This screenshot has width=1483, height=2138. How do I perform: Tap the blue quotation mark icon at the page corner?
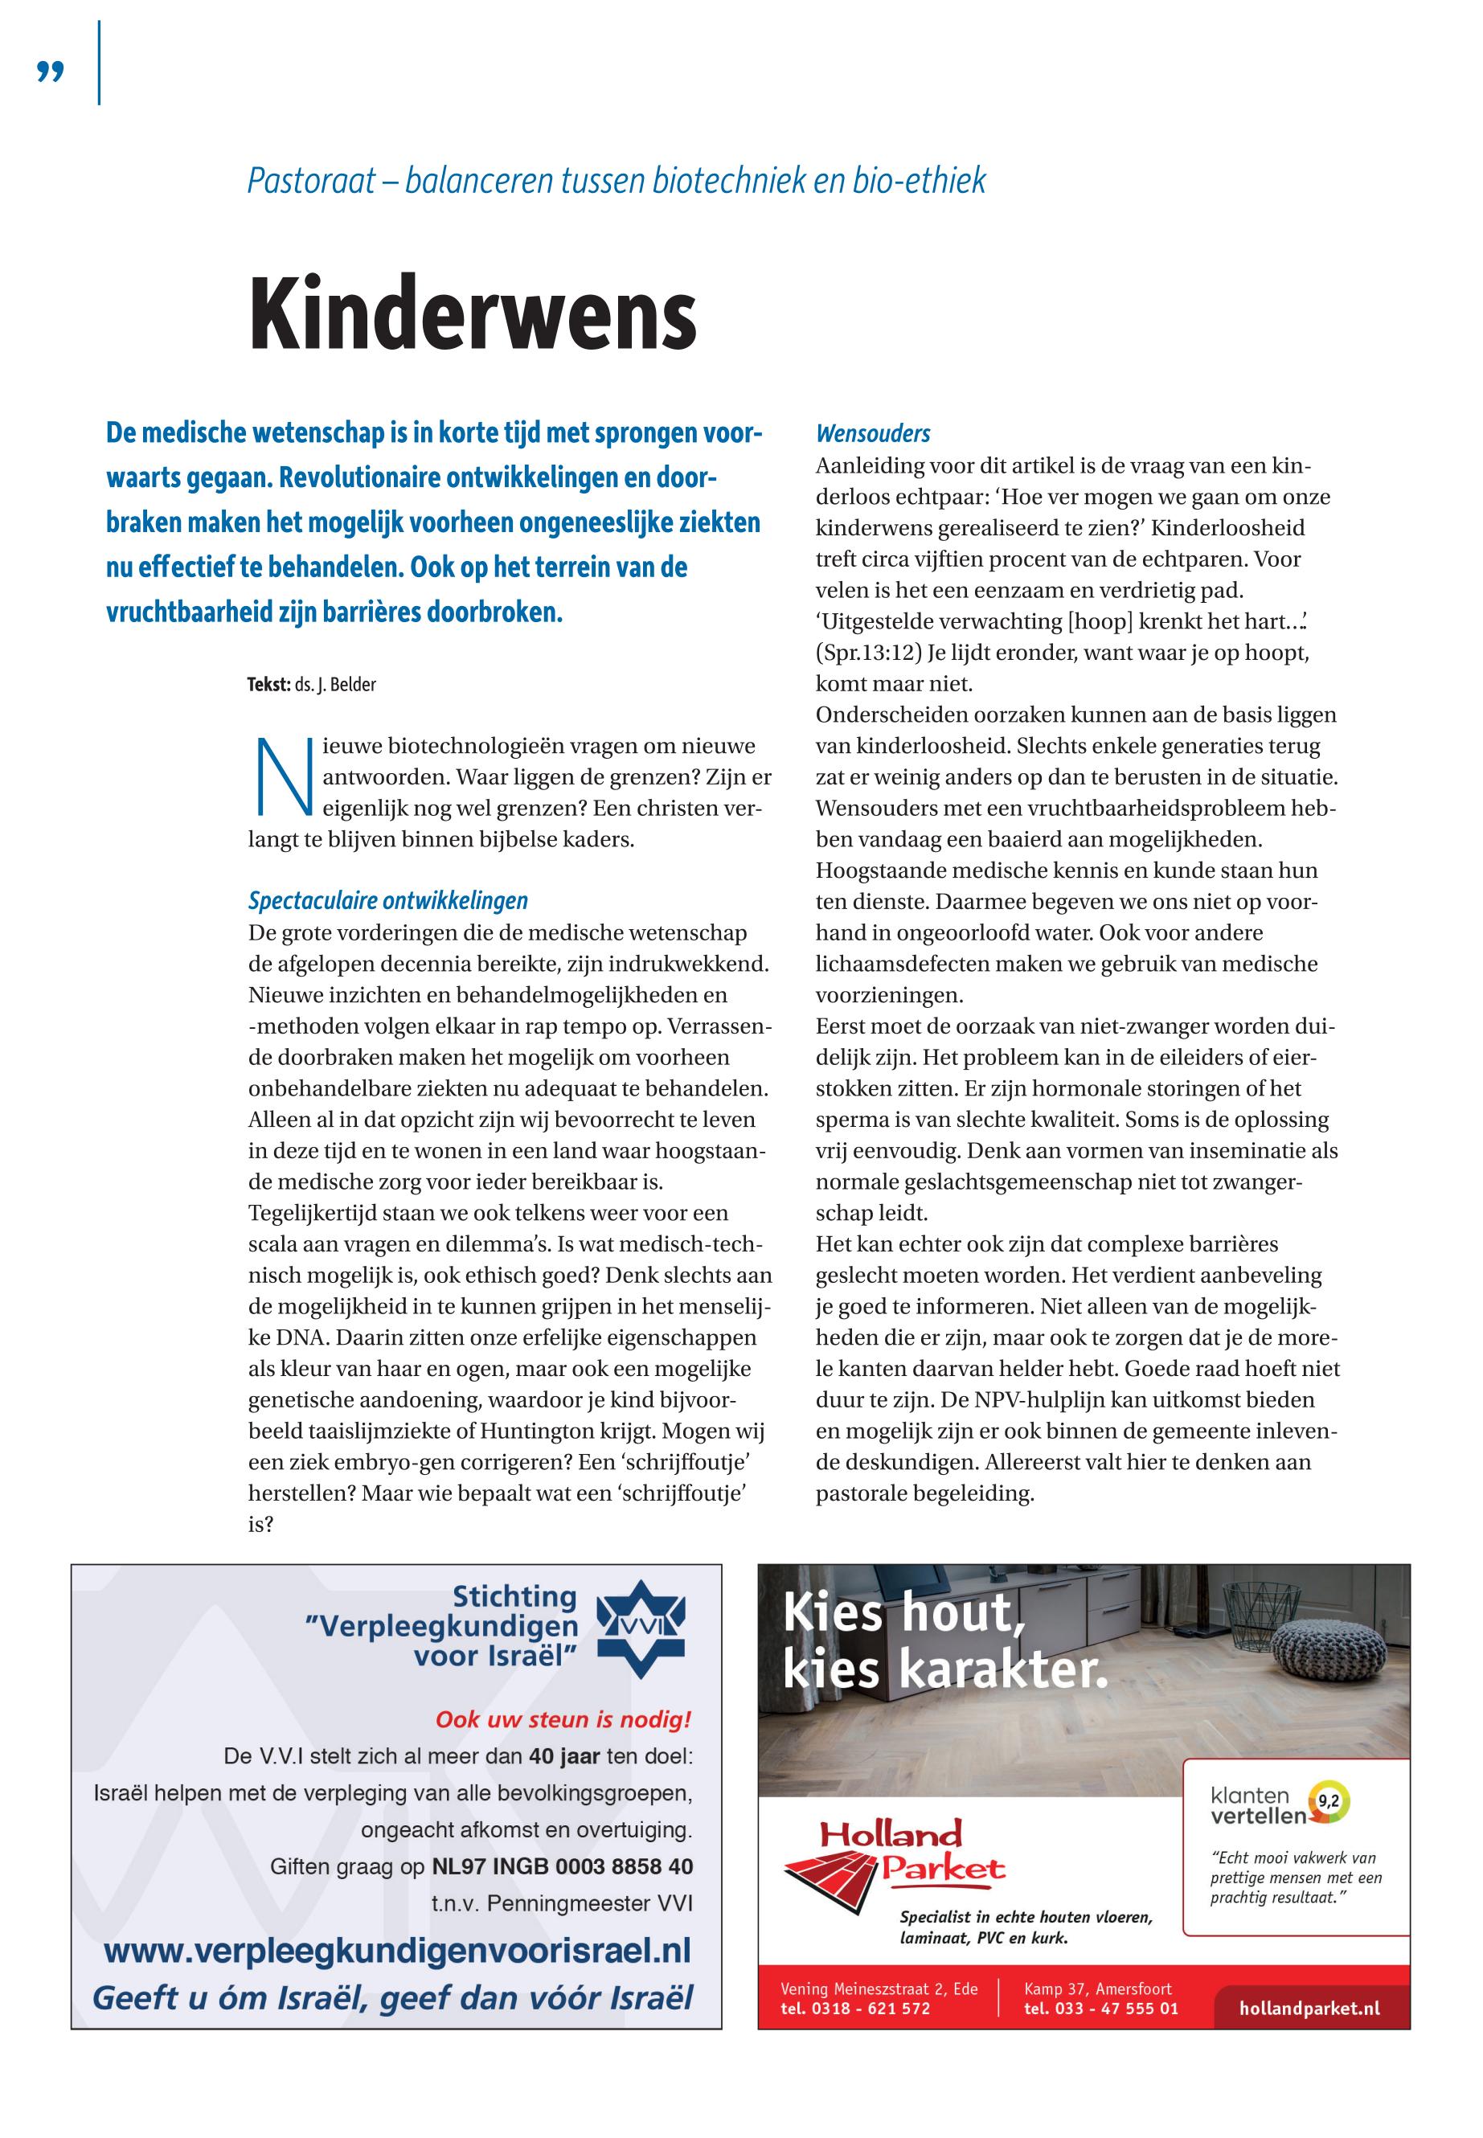click(50, 72)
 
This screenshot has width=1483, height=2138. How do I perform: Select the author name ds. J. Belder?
click(335, 686)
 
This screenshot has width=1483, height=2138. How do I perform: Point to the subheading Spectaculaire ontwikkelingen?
click(387, 900)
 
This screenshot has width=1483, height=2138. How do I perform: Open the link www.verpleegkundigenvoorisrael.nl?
click(397, 1950)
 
